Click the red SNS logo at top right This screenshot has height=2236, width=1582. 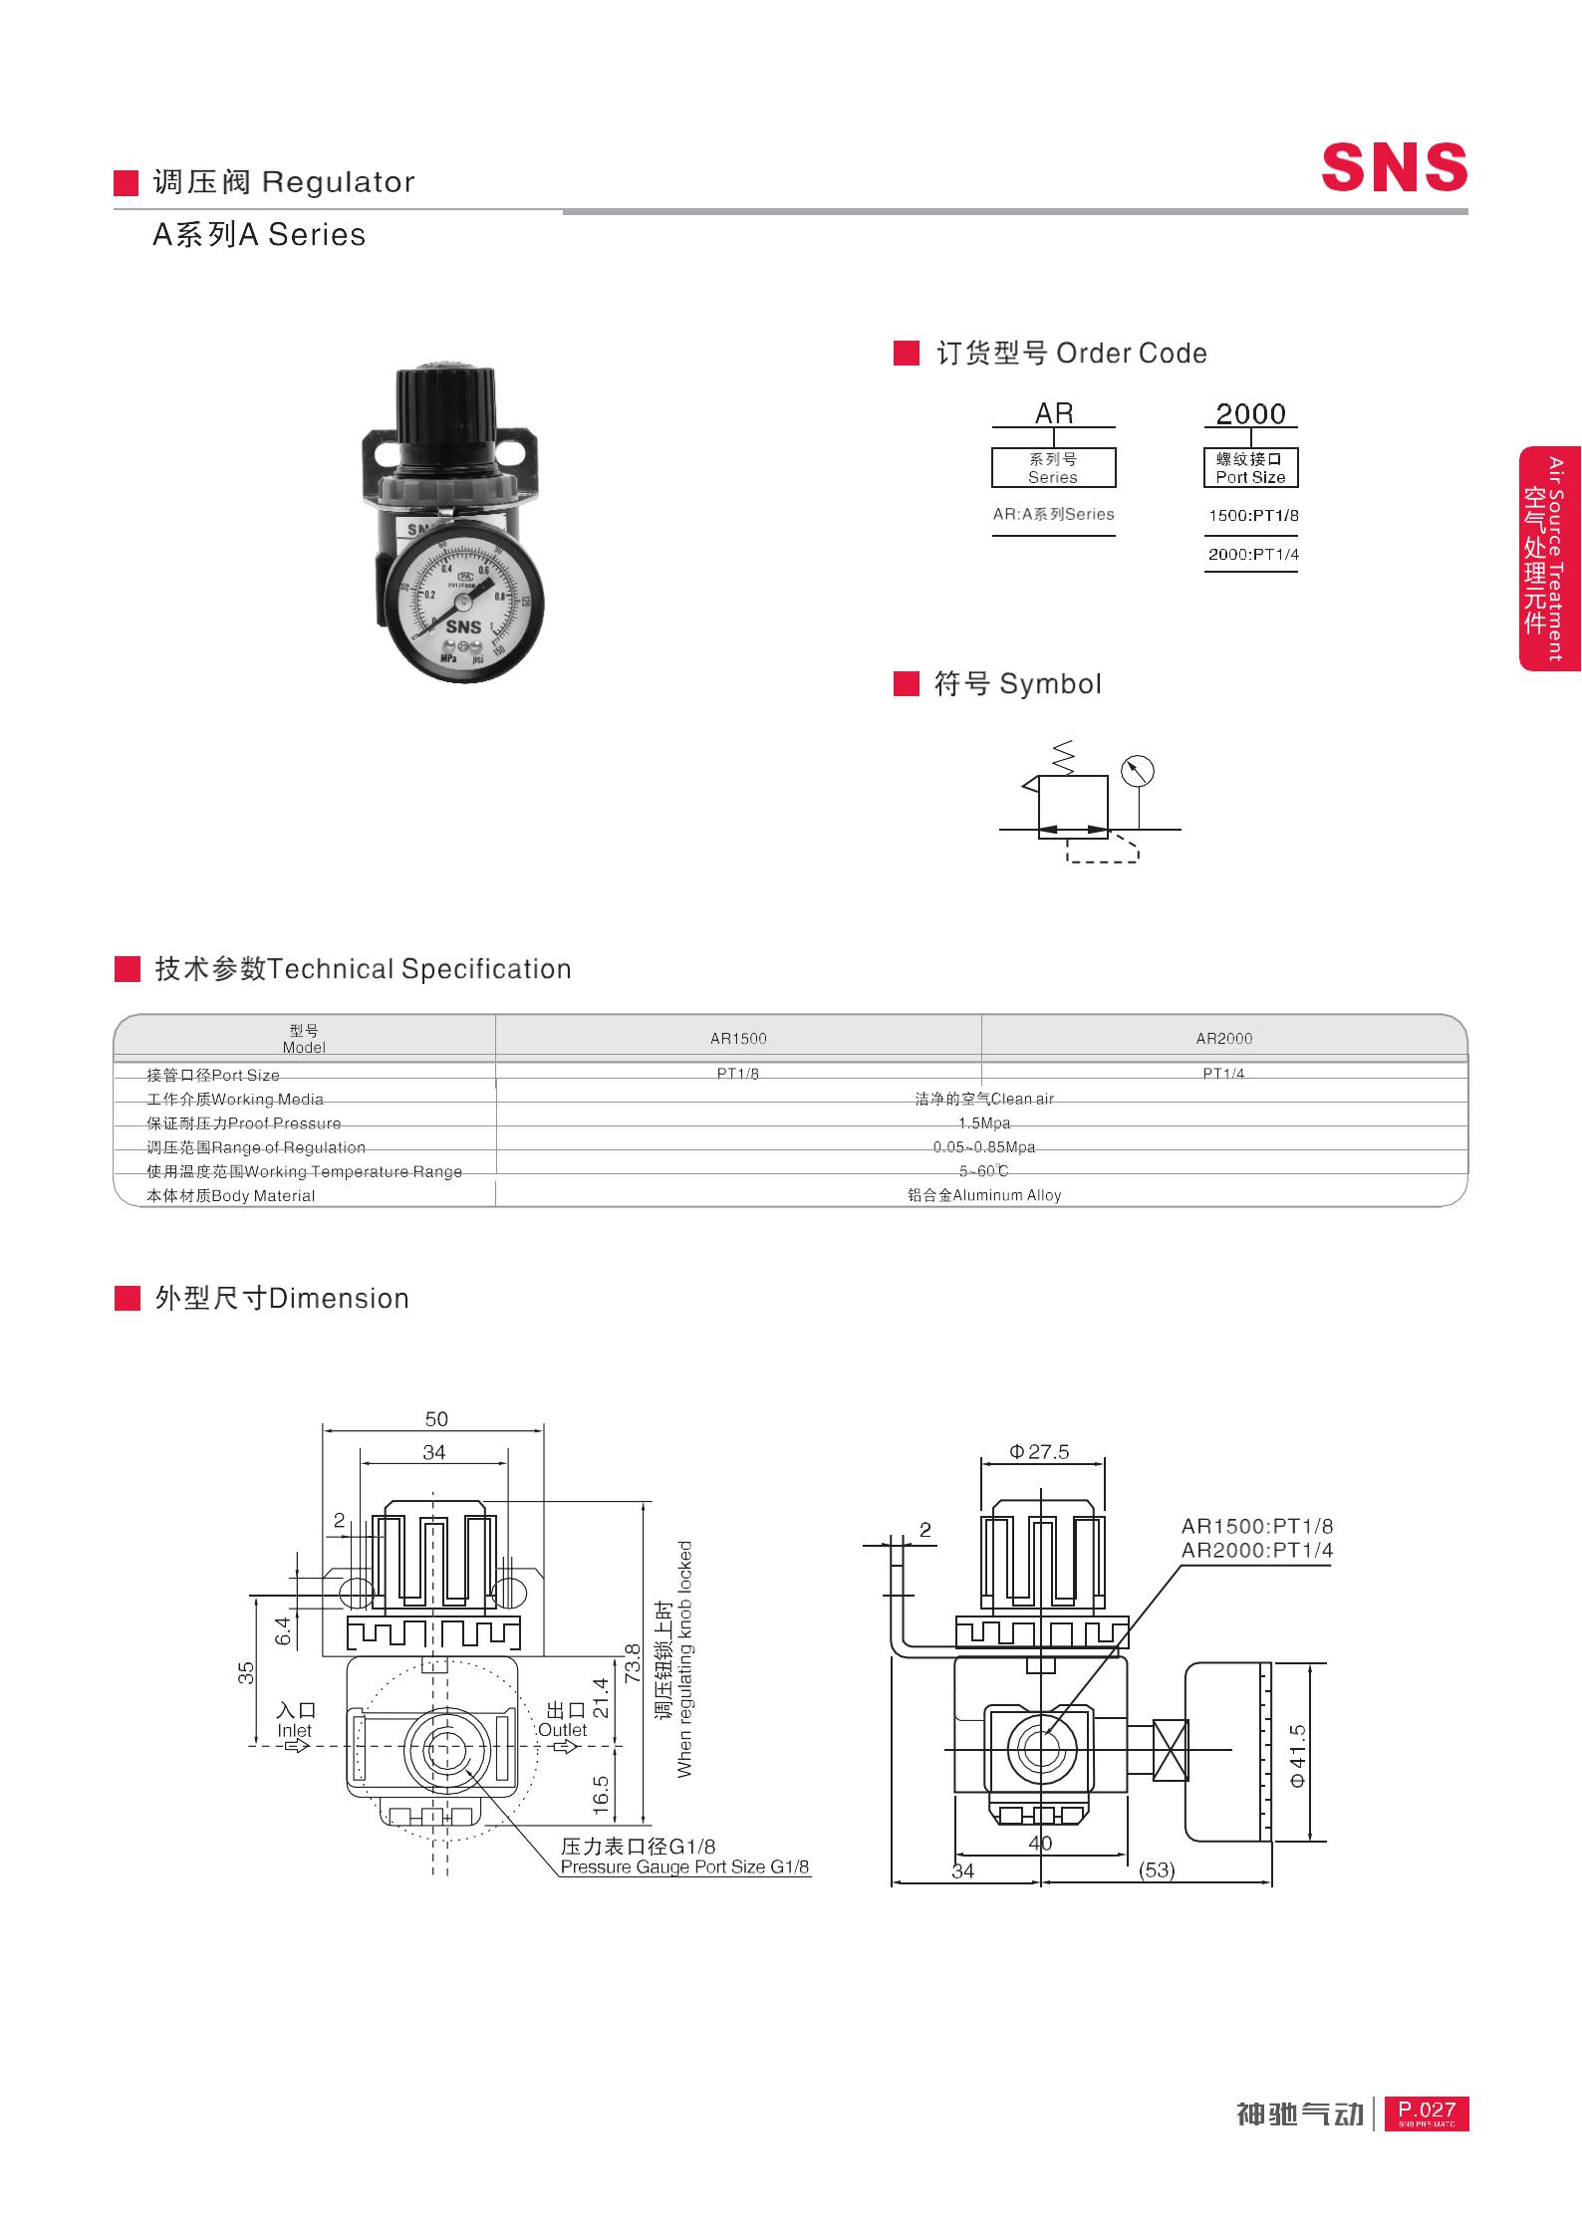[1394, 166]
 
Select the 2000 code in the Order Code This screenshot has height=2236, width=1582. [1250, 412]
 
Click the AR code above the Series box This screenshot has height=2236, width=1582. [1053, 412]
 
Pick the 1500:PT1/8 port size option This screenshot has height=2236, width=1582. [1252, 515]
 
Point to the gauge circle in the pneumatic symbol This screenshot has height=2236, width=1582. [1137, 771]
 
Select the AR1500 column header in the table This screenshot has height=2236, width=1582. [738, 1038]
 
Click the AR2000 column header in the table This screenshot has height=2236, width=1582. [1223, 1038]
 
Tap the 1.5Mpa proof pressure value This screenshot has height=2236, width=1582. [983, 1122]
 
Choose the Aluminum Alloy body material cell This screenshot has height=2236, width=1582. [983, 1195]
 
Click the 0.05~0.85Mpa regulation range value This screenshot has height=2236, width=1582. [983, 1146]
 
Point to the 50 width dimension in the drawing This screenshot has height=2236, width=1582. [436, 1418]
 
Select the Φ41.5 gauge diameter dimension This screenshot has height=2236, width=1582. [1297, 1754]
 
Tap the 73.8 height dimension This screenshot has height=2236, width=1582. [631, 1663]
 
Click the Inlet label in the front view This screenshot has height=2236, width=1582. [295, 1730]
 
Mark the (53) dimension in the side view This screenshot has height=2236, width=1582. [1157, 1869]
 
